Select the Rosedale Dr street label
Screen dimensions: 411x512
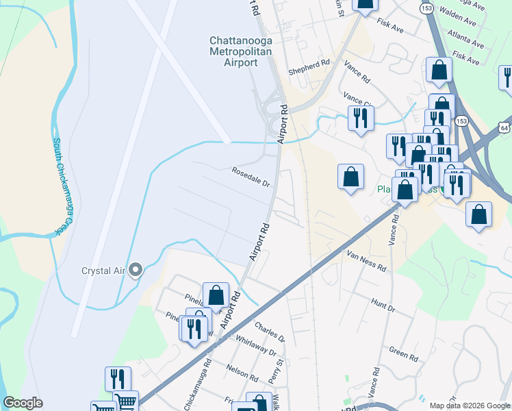(251, 177)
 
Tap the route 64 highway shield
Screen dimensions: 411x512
(504, 127)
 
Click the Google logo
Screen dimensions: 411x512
(23, 403)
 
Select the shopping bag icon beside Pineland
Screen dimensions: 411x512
(216, 295)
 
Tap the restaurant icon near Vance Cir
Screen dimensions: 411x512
(360, 118)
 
